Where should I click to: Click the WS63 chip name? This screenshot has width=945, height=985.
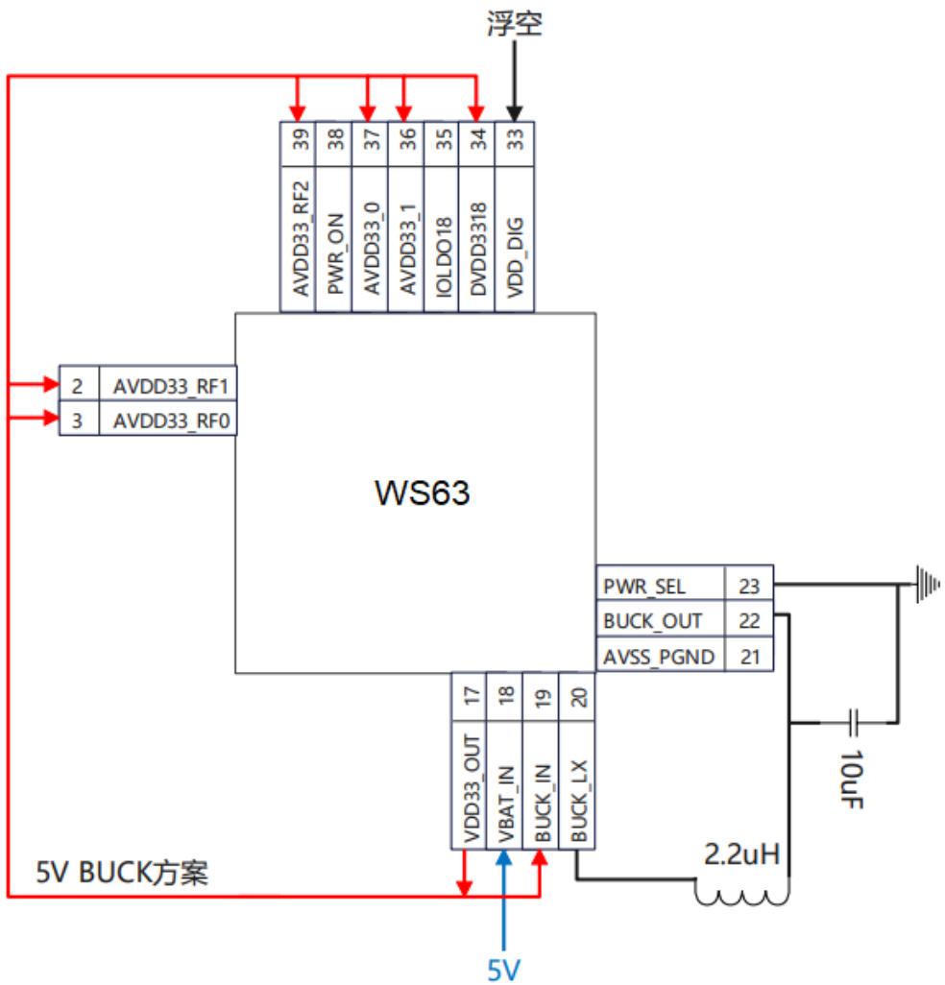pyautogui.click(x=422, y=492)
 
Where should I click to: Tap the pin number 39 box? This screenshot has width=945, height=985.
pyautogui.click(x=298, y=144)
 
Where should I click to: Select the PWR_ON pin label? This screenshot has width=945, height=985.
pyautogui.click(x=335, y=253)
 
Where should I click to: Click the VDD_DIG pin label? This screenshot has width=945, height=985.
pyautogui.click(x=515, y=257)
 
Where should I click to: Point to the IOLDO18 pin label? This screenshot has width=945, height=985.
pyautogui.click(x=443, y=256)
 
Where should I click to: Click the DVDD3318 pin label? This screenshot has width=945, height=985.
pyautogui.click(x=478, y=249)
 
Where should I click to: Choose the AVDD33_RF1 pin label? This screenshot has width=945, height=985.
pyautogui.click(x=170, y=386)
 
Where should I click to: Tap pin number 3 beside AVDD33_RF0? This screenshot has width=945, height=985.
pyautogui.click(x=77, y=420)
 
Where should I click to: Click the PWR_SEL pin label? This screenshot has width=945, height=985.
pyautogui.click(x=644, y=586)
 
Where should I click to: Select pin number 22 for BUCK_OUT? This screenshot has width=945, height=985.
pyautogui.click(x=749, y=620)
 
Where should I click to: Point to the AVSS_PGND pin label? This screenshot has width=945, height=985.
pyautogui.click(x=659, y=657)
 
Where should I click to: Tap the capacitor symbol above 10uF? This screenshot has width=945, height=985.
pyautogui.click(x=852, y=722)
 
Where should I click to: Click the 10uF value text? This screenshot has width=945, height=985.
pyautogui.click(x=852, y=779)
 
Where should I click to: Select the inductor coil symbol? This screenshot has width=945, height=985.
pyautogui.click(x=742, y=892)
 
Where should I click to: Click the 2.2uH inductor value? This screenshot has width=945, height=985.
pyautogui.click(x=741, y=854)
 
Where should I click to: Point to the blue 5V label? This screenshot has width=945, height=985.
pyautogui.click(x=504, y=971)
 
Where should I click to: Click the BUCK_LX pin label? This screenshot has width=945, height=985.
pyautogui.click(x=578, y=802)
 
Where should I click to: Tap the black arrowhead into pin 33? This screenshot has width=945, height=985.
pyautogui.click(x=515, y=113)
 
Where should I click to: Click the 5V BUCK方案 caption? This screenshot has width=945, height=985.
pyautogui.click(x=121, y=873)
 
